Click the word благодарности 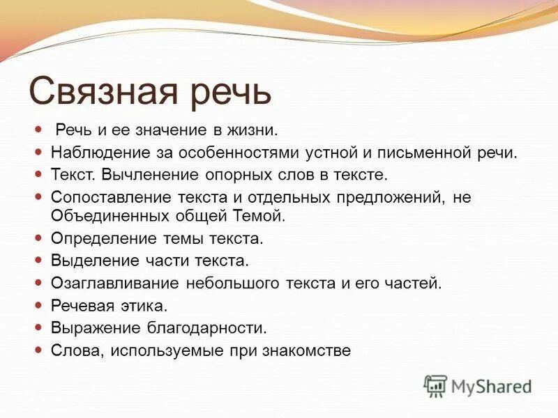click(x=197, y=327)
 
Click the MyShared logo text click(x=491, y=386)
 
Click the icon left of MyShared click(x=435, y=385)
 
